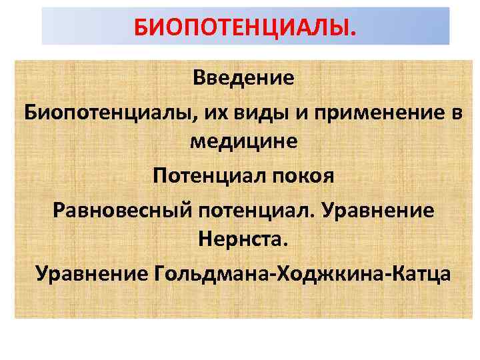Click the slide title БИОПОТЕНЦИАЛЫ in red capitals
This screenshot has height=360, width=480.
click(245, 27)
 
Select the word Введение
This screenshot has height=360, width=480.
click(243, 78)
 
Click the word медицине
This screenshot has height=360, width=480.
click(243, 142)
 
